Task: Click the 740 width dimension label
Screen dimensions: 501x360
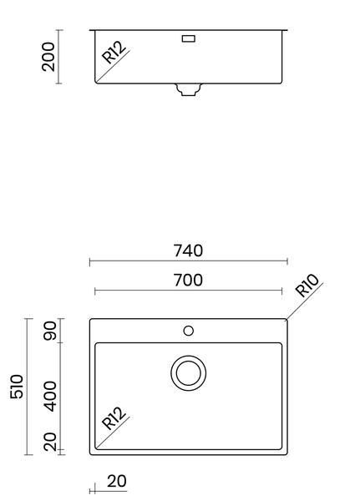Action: (188, 250)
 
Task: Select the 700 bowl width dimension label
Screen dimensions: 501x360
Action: (188, 280)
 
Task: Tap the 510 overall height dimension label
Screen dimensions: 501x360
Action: (18, 387)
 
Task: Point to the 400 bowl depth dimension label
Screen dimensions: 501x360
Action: (49, 396)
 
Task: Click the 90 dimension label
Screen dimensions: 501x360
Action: (49, 331)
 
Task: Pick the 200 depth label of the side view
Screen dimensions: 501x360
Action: (49, 56)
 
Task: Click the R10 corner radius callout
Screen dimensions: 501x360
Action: (308, 286)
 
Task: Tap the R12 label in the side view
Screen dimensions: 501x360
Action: (114, 53)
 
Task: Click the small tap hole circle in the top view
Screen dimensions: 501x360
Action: (188, 331)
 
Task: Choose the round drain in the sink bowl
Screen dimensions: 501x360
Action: (188, 372)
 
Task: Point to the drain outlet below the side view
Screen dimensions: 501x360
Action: (188, 89)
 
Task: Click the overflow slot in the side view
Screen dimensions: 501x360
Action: (188, 38)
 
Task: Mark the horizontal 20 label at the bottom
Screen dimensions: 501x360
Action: (117, 482)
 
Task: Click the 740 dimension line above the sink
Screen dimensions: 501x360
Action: (188, 261)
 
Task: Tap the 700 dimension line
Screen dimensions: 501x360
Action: (188, 291)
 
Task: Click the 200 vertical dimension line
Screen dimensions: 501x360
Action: (59, 56)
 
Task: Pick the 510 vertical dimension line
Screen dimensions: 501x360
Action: (28, 387)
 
